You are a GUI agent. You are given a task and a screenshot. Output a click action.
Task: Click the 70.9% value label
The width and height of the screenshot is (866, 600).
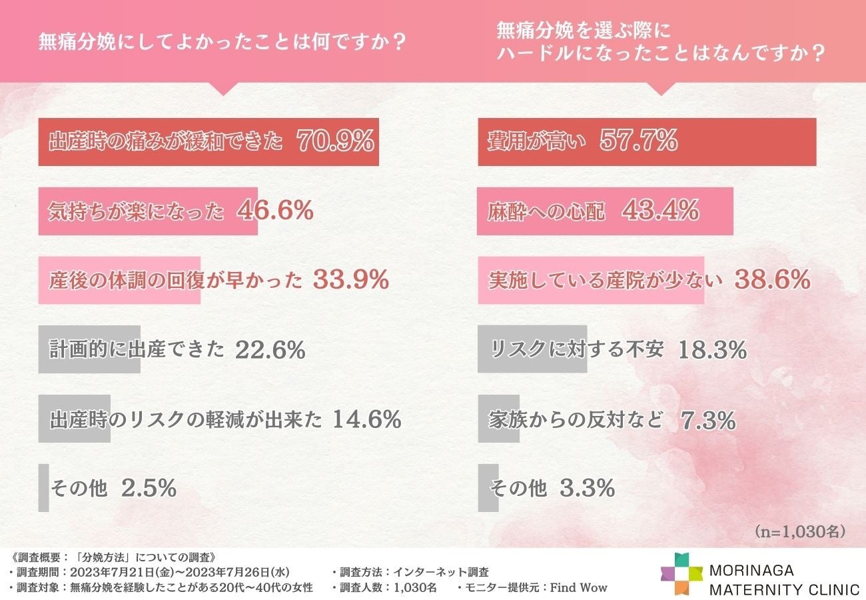(x=335, y=141)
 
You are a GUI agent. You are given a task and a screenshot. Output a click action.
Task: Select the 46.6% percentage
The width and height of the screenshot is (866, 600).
(x=275, y=211)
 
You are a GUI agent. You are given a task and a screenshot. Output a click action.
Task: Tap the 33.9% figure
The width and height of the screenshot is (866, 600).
(x=350, y=280)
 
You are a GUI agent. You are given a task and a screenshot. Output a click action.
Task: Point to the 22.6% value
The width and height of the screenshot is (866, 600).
(x=270, y=349)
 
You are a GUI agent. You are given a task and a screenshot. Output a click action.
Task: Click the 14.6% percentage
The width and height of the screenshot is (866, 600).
(x=366, y=419)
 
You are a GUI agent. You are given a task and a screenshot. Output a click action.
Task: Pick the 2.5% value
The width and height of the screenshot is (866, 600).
(x=149, y=488)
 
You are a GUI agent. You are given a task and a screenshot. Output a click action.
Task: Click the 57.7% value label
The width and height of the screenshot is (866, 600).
(x=639, y=141)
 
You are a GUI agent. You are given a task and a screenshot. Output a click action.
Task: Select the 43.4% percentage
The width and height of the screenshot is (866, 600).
(x=660, y=211)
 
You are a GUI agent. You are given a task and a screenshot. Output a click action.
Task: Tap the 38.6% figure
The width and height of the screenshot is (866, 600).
(x=772, y=280)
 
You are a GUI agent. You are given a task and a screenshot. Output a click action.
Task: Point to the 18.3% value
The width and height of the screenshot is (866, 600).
(x=711, y=349)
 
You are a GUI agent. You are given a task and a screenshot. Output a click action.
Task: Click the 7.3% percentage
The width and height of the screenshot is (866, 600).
(x=708, y=420)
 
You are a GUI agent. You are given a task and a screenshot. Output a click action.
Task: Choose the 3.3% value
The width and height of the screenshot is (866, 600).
(x=587, y=488)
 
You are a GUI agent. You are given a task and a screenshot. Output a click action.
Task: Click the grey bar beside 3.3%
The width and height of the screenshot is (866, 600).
(x=488, y=488)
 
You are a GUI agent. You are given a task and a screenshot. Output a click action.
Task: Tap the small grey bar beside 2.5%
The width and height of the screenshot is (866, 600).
(x=43, y=488)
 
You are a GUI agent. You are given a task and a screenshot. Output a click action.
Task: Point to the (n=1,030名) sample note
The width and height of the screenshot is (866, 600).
(x=800, y=531)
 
